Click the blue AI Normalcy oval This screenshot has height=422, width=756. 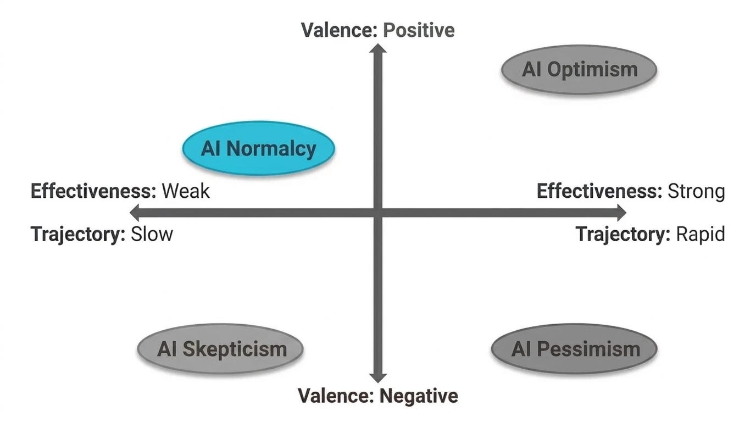coord(259,148)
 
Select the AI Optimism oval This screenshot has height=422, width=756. coord(579,70)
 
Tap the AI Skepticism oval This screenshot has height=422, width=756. coord(220,349)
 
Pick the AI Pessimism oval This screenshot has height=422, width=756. coord(575,349)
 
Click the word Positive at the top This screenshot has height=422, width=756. coord(419,30)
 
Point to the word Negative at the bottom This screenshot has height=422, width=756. coord(419,396)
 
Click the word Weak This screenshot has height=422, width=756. coord(186,191)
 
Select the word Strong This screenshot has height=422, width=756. coord(696,192)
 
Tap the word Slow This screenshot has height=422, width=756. coord(152,234)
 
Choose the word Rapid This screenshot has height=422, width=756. coord(701,234)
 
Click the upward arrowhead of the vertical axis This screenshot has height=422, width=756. coord(378,48)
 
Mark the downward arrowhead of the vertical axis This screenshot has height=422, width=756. coord(378,378)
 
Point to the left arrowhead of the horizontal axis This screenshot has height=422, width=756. coord(134,213)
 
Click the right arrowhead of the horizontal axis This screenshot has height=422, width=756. coord(622,213)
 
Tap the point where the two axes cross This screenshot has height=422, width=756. coord(378,213)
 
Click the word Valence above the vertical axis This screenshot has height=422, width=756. coord(339,30)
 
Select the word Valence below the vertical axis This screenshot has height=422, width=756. coord(336,396)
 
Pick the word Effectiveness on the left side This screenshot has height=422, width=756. coord(93,191)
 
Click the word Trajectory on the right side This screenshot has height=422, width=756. coord(623,234)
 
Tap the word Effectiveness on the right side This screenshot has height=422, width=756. coord(599,191)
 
